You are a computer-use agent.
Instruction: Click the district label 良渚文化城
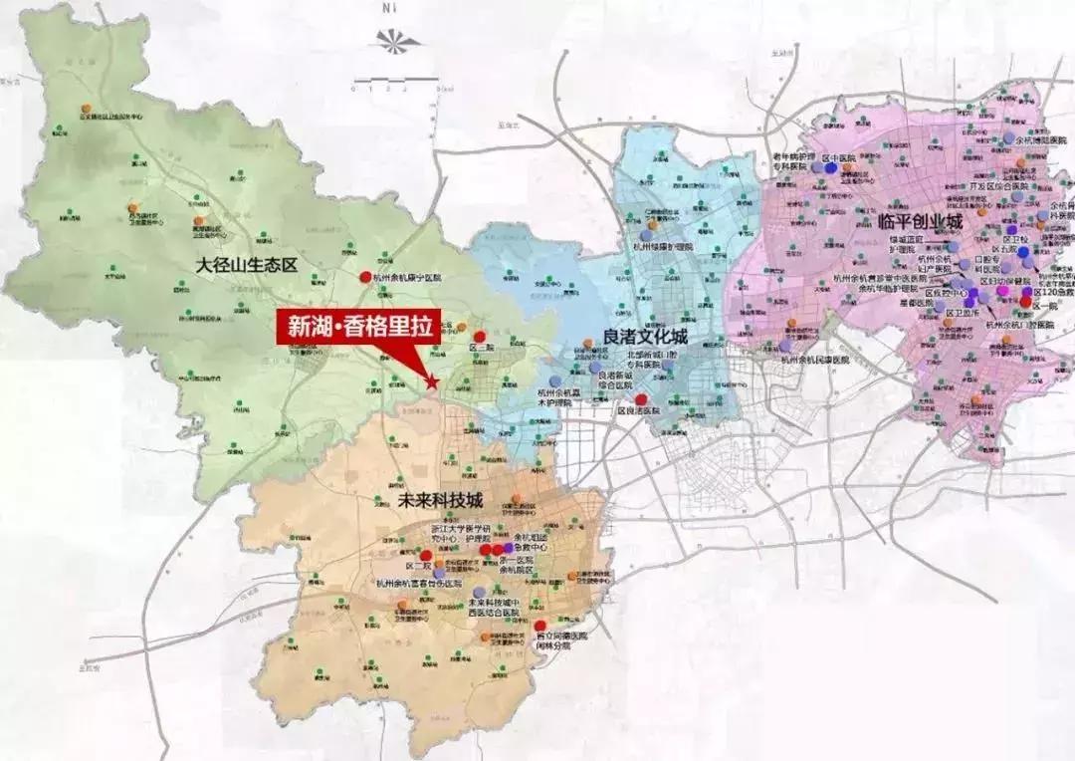click(646, 337)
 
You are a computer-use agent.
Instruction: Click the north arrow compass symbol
click(395, 42)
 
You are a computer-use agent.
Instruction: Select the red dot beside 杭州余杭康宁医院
click(365, 277)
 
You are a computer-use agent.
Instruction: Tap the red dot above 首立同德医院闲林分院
click(540, 626)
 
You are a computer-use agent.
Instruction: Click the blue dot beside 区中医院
click(831, 168)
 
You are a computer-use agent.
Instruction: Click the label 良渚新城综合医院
click(616, 380)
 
